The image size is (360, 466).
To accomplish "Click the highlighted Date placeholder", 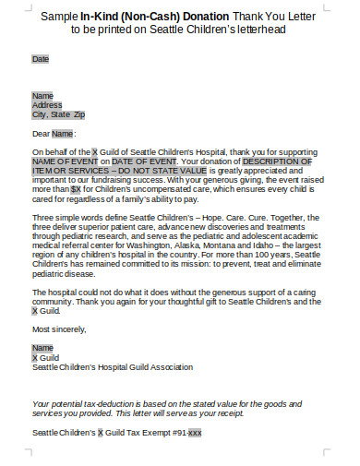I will coord(41,59).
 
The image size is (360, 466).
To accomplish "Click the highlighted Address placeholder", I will coord(47,105).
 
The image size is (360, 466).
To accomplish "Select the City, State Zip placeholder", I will coord(58,115).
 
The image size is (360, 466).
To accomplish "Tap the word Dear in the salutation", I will coord(41,134).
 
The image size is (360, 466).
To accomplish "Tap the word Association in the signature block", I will coord(168,366).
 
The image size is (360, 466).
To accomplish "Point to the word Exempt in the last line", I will coord(147,432).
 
